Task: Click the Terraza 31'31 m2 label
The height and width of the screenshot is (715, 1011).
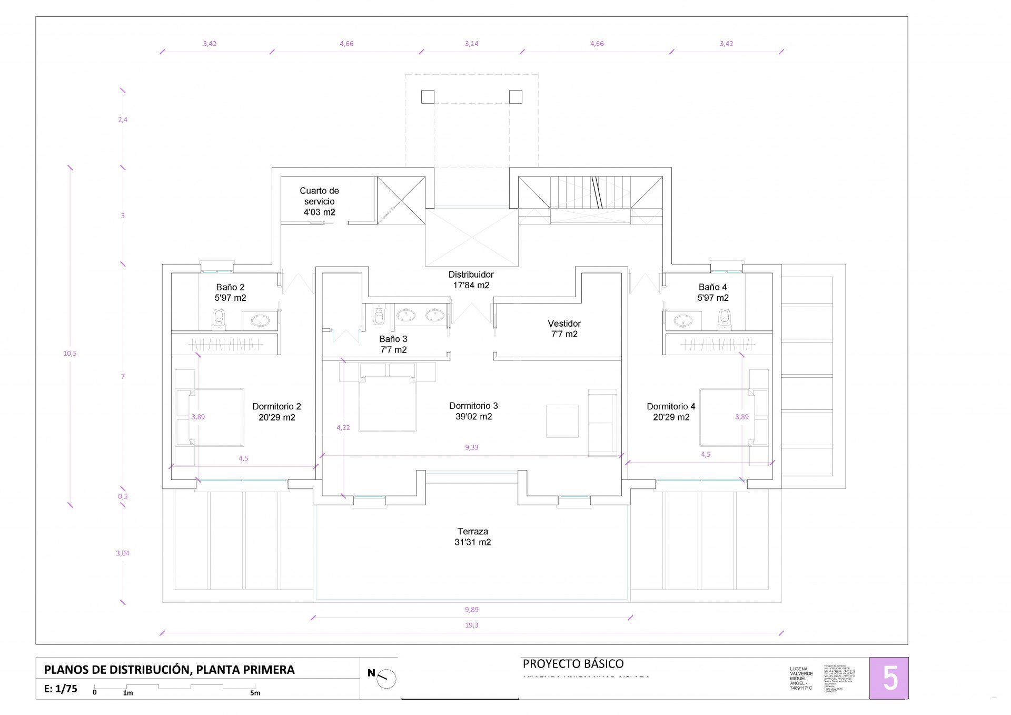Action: coord(472,537)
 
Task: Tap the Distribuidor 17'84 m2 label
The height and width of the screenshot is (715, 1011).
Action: coord(471,280)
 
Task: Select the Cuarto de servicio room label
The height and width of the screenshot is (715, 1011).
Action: coord(319,201)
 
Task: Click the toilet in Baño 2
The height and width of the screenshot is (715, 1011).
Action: coord(219,318)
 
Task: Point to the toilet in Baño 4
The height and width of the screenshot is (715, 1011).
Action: coord(725,318)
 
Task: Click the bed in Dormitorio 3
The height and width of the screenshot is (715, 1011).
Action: coord(388,403)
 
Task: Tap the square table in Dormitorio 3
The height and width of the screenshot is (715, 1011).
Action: coord(562,420)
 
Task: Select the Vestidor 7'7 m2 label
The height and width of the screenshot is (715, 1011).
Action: coord(564,329)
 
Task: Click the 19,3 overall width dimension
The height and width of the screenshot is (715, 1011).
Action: coord(471,625)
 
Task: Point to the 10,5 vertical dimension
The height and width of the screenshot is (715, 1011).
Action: coord(70,354)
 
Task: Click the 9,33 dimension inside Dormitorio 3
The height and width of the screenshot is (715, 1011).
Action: coord(471,447)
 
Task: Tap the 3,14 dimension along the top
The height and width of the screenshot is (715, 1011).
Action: coord(471,44)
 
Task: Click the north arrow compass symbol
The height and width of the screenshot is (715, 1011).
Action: coord(385,678)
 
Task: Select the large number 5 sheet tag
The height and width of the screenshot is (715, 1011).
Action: coord(889,679)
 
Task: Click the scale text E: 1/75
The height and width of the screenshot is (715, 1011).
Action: coord(61,689)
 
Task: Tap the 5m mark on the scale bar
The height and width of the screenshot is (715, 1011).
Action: coord(255,693)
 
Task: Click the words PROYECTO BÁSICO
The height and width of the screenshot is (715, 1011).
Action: coord(573,664)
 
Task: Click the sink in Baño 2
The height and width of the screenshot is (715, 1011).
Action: coord(260,320)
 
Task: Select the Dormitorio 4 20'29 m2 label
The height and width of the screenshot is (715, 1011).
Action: coord(671,412)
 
